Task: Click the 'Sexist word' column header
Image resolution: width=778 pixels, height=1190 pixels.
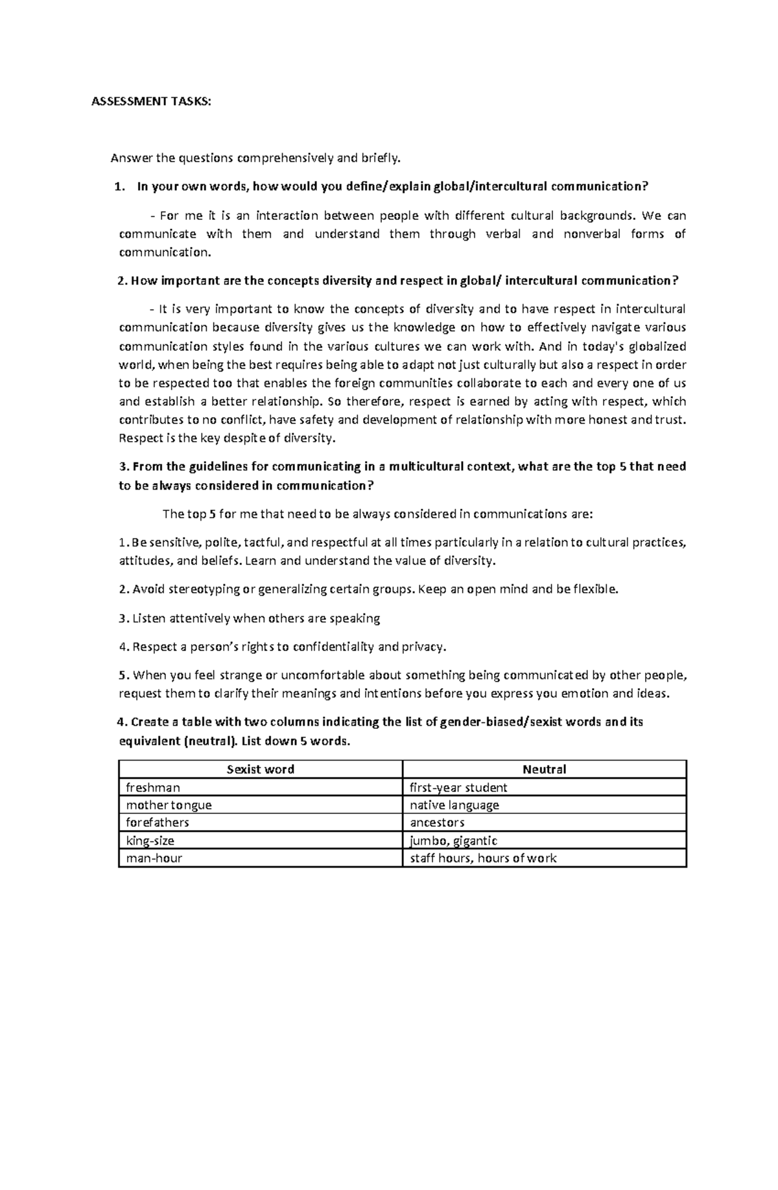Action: tap(261, 769)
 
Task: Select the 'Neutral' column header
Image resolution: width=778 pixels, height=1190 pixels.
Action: tap(544, 769)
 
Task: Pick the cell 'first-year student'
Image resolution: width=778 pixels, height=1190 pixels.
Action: tap(458, 787)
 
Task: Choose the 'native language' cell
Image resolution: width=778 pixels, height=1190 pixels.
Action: tap(454, 805)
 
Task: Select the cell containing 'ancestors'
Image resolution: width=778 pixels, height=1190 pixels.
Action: tap(437, 822)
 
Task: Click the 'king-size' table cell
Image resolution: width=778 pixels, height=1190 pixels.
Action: tap(150, 840)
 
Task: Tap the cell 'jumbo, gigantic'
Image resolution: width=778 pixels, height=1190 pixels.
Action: tap(453, 840)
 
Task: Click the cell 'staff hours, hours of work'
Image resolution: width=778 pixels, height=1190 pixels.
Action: tap(483, 858)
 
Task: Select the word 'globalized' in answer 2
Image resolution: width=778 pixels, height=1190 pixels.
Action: tap(655, 346)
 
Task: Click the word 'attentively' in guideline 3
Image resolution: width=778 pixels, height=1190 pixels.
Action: tap(200, 618)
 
